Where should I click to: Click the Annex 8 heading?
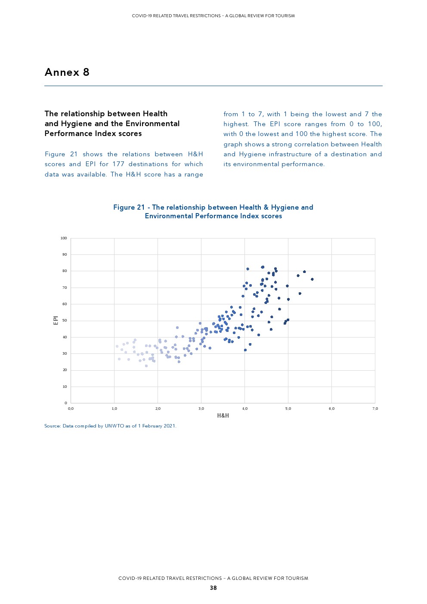(67, 72)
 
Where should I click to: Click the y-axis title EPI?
(56, 320)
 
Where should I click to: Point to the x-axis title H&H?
(223, 415)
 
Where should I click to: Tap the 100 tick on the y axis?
(64, 238)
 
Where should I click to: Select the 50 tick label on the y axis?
(65, 321)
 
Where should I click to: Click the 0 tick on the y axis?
(66, 403)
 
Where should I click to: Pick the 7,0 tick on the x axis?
(375, 409)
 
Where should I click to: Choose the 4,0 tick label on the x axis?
(244, 409)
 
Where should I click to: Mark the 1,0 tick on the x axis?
(114, 409)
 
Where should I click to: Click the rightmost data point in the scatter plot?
(312, 279)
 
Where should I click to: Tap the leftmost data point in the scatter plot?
(117, 346)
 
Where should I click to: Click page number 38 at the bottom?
(213, 588)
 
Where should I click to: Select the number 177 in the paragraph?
(118, 164)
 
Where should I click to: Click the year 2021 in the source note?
(169, 426)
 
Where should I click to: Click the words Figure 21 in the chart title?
(129, 208)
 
